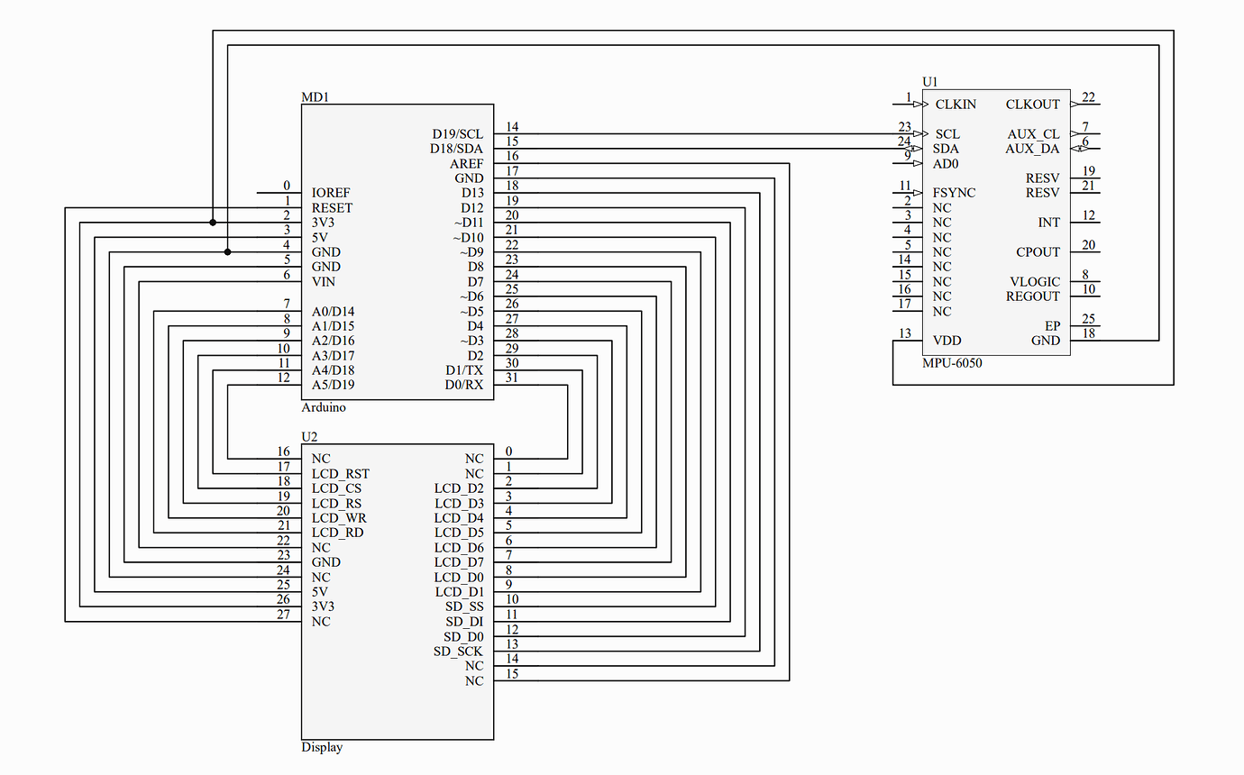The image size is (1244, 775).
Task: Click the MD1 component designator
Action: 315,96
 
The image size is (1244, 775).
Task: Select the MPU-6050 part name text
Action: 952,363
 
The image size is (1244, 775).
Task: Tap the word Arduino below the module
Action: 323,407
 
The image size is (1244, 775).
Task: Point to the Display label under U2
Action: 322,747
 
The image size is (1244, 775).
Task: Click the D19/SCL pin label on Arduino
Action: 457,134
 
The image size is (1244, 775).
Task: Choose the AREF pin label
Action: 466,164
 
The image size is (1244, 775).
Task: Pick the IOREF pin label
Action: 331,193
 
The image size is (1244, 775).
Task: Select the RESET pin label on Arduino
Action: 332,207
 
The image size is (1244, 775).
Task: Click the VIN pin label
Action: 323,281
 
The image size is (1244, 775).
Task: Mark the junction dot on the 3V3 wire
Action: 213,222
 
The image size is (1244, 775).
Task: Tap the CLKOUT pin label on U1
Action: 1032,105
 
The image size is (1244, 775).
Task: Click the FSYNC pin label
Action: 955,193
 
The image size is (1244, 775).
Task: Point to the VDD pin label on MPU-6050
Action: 947,341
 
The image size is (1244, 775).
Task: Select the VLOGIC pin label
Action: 1035,281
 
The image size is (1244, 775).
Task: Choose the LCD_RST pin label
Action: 340,473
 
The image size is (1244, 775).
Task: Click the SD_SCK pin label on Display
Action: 458,651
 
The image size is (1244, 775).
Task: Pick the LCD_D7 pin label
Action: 459,562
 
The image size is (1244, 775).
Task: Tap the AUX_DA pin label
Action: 1032,149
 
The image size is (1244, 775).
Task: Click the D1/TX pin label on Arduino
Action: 464,370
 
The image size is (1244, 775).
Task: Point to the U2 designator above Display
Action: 309,436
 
